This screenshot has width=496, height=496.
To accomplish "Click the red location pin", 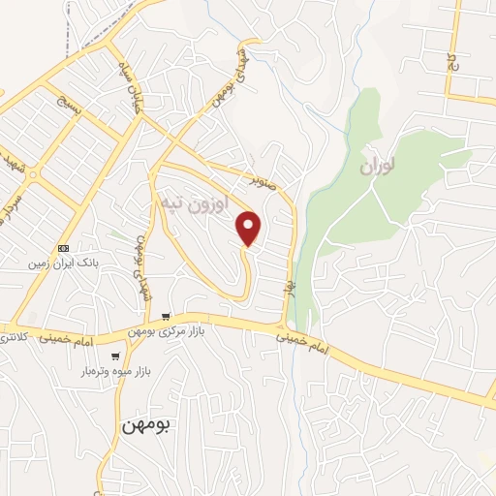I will tap(249, 228).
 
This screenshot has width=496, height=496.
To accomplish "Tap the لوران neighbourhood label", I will tap(380, 168).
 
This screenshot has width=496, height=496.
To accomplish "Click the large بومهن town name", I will tap(146, 425).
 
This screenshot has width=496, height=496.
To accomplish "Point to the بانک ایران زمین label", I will tap(71, 263).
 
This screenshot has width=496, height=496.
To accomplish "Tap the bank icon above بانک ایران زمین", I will tap(64, 247).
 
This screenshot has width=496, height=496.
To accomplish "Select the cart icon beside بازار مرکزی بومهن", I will tap(168, 317).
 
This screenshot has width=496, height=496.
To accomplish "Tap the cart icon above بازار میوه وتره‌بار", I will tap(116, 356).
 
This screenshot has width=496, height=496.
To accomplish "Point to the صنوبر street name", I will tap(263, 179).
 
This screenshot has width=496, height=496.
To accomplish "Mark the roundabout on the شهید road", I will tap(34, 175).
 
